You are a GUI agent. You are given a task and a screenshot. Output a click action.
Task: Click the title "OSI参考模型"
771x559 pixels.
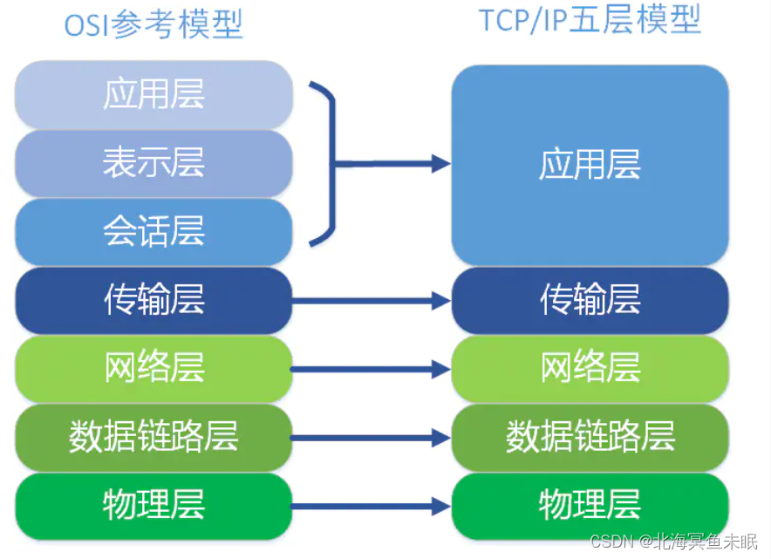pyautogui.click(x=154, y=24)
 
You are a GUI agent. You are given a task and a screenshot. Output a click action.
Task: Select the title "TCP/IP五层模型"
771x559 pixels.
pyautogui.click(x=590, y=20)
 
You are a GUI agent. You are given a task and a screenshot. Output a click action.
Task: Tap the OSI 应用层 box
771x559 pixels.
pyautogui.click(x=154, y=94)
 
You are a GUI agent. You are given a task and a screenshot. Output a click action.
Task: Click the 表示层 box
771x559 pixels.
pyautogui.click(x=154, y=163)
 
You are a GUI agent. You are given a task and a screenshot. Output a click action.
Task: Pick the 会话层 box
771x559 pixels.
pyautogui.click(x=154, y=232)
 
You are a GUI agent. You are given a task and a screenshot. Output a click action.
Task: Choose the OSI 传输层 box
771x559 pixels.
pyautogui.click(x=154, y=300)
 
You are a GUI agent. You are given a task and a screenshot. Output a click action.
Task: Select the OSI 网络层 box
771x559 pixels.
pyautogui.click(x=154, y=368)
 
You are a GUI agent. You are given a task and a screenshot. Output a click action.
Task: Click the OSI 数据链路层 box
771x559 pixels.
pyautogui.click(x=154, y=436)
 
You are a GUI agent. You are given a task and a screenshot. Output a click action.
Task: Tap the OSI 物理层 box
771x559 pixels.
pyautogui.click(x=154, y=504)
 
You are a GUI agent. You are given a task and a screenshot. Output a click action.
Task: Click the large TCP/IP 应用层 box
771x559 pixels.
pyautogui.click(x=590, y=164)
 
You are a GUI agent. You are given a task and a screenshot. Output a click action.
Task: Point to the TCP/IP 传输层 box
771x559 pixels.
pyautogui.click(x=590, y=300)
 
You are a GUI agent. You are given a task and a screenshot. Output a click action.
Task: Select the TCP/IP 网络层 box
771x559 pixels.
pyautogui.click(x=590, y=368)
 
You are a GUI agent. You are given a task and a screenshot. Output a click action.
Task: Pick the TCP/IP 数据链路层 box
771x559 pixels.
pyautogui.click(x=590, y=436)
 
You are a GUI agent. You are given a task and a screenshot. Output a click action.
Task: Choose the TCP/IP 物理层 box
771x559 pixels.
pyautogui.click(x=590, y=504)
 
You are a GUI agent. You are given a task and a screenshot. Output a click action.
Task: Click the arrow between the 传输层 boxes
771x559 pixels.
pyautogui.click(x=371, y=301)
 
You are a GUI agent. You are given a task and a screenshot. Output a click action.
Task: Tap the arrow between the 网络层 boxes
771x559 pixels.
pyautogui.click(x=371, y=369)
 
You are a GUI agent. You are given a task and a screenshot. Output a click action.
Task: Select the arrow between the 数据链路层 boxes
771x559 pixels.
pyautogui.click(x=371, y=438)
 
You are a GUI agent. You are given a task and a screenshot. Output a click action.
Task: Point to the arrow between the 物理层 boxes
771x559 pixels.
pyautogui.click(x=371, y=506)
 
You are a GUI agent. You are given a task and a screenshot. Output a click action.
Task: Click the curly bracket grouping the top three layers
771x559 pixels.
pyautogui.click(x=330, y=163)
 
